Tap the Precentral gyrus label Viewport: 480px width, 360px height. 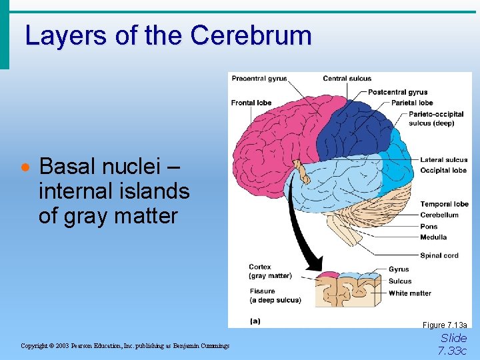(x=259, y=79)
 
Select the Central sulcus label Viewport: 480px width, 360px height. (x=347, y=79)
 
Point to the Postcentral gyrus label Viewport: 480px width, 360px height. (x=397, y=92)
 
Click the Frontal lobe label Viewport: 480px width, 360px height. (x=251, y=103)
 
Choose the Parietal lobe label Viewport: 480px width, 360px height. (x=412, y=103)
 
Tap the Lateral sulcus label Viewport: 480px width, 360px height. (x=443, y=160)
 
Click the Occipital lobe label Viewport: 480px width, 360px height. (x=443, y=170)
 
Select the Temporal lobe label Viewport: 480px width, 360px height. (x=444, y=204)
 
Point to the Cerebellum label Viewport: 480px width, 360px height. (x=439, y=215)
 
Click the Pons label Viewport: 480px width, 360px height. (x=429, y=227)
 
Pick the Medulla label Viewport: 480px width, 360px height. (x=433, y=237)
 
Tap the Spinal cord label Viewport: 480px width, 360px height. (x=439, y=255)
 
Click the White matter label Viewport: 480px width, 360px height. (x=409, y=293)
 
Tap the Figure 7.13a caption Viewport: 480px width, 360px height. (x=445, y=325)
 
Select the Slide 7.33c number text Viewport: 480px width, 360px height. (x=453, y=344)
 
